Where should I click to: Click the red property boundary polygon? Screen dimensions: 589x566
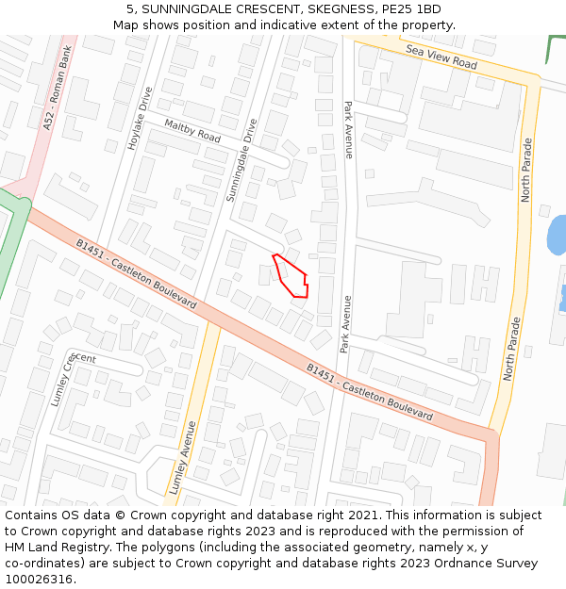coord(292,276)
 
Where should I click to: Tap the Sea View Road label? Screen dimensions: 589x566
coord(441,56)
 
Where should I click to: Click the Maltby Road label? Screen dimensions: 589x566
coord(191,131)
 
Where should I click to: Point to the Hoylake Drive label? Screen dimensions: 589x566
coord(140,119)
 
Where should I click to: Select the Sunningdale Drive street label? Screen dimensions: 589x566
coord(241,160)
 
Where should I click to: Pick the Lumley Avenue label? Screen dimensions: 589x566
coord(184,458)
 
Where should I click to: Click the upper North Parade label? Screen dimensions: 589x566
coord(527,170)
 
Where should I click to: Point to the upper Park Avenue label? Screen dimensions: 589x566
coord(348,129)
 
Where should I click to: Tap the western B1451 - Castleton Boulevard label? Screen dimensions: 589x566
coord(136,273)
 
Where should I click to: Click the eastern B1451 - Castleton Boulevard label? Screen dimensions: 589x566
coord(370,391)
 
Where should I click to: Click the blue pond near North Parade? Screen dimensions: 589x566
coord(557,235)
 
